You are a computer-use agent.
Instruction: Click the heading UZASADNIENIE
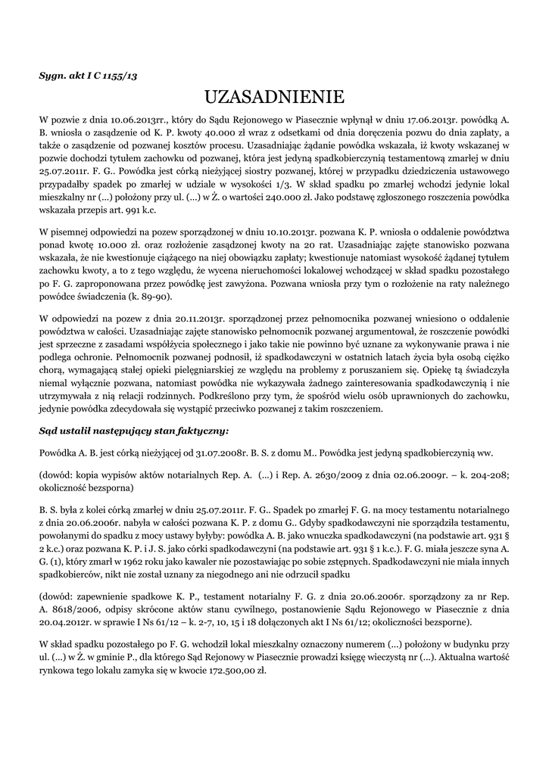click(274, 97)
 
